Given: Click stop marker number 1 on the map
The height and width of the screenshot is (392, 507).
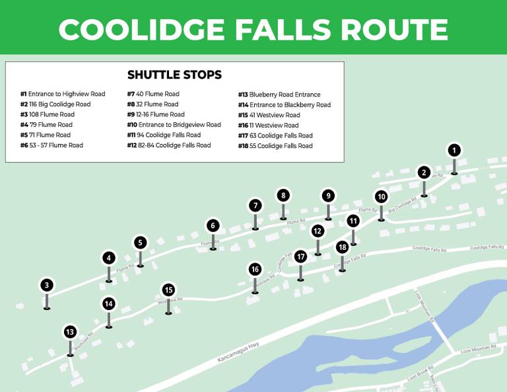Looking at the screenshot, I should [x=454, y=151].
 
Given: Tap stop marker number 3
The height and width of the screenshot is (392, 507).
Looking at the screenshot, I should [x=46, y=286].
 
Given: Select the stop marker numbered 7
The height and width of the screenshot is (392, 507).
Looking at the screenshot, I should [x=255, y=206].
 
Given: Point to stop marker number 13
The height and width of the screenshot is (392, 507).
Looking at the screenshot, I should [x=71, y=332].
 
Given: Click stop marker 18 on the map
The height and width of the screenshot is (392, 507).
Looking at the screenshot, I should [x=342, y=247].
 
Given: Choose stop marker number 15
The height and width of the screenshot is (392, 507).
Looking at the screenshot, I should [x=168, y=290].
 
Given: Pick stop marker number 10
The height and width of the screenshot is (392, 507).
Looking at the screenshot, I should [x=381, y=196].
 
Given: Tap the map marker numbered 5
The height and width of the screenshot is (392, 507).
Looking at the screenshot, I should [x=140, y=243].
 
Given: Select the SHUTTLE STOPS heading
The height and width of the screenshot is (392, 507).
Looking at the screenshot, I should [x=174, y=75].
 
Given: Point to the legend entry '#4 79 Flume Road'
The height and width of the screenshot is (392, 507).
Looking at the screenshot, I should [x=46, y=125].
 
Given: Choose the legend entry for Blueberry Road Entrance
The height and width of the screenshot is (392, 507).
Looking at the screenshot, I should [x=279, y=95].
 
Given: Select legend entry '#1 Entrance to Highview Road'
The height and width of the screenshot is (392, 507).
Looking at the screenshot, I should [x=63, y=95].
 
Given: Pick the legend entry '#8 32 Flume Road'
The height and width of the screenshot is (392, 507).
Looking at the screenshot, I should [x=152, y=104].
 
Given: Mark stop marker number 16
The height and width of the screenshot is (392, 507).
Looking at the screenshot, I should [x=255, y=269].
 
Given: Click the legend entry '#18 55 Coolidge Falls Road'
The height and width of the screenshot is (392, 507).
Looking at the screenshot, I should [x=275, y=145].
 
